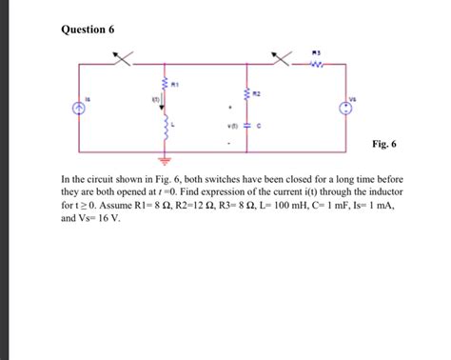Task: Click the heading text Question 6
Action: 88,30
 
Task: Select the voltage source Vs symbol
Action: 343,110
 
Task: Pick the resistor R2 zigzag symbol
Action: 248,94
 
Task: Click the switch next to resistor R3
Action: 282,60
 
